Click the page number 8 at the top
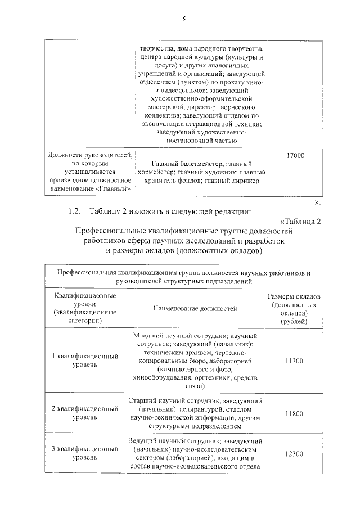[183, 18]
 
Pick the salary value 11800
[294, 414]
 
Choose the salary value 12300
[294, 453]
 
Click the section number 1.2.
[75, 211]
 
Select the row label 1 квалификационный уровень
[85, 360]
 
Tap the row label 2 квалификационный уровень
[85, 413]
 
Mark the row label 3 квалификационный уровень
[85, 453]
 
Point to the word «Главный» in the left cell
[116, 188]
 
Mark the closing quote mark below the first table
[318, 201]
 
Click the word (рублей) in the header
[294, 321]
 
